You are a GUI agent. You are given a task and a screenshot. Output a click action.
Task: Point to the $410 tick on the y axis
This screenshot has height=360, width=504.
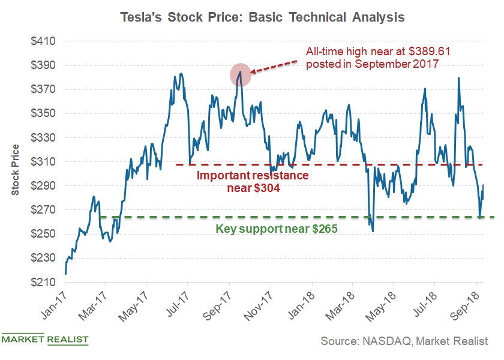43,41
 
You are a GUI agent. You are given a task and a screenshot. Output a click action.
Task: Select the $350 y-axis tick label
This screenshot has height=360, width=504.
43,113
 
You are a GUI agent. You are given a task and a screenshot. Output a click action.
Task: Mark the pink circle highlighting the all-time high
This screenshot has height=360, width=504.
240,74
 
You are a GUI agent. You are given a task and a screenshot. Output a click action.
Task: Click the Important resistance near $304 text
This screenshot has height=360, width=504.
253,182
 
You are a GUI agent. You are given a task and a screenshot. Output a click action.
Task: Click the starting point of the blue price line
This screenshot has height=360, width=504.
65,274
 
